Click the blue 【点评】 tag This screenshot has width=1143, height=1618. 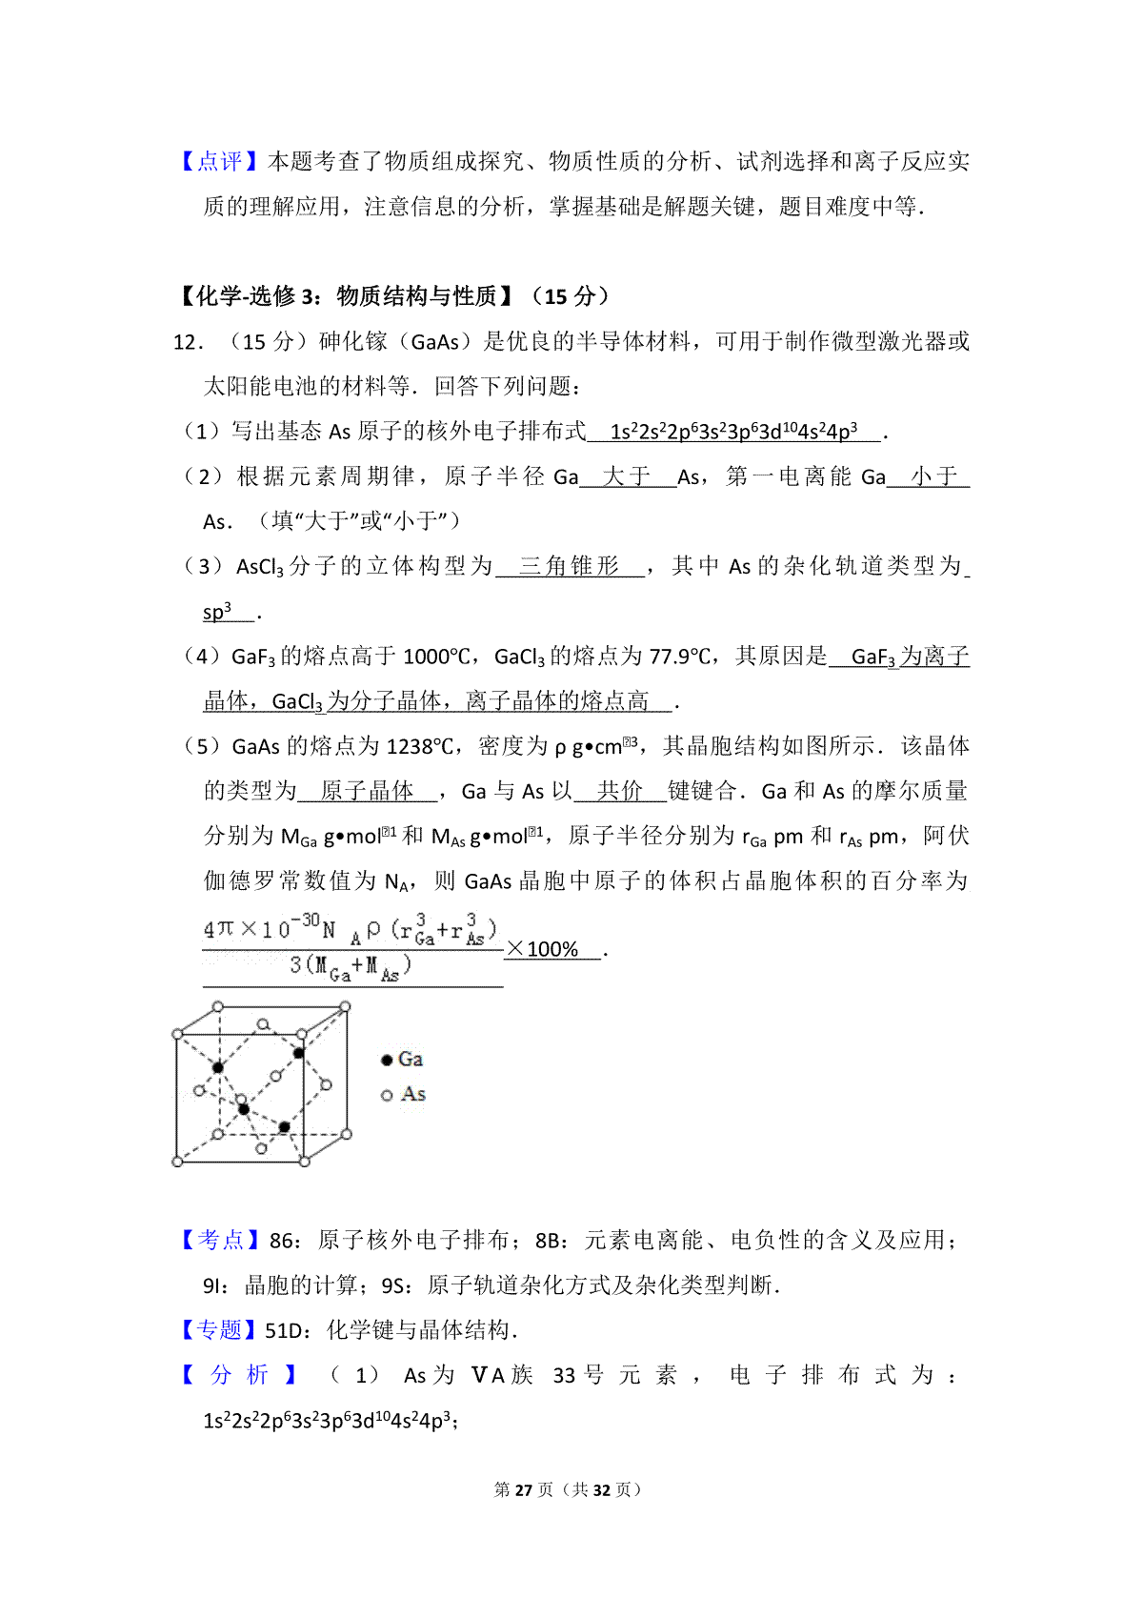(220, 162)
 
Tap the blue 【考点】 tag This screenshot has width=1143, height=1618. (220, 1240)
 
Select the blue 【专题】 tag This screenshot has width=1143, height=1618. (219, 1330)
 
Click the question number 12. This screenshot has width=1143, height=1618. (187, 342)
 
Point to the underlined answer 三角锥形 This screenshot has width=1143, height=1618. (570, 566)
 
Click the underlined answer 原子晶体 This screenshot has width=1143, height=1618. (367, 791)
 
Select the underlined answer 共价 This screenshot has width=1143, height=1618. (620, 791)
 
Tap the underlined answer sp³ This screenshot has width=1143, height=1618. (217, 612)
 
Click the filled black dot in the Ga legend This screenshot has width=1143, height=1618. (387, 1060)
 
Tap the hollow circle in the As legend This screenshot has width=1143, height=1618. (387, 1096)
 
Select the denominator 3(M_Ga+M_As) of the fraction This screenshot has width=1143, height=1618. (351, 968)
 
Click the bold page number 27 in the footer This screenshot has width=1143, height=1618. (523, 1489)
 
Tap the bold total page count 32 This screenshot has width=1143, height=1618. (601, 1489)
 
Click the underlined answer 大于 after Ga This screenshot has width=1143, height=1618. (627, 476)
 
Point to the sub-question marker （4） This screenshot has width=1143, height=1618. (202, 657)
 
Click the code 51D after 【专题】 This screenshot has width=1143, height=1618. (284, 1331)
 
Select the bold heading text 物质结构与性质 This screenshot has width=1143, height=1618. (416, 296)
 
